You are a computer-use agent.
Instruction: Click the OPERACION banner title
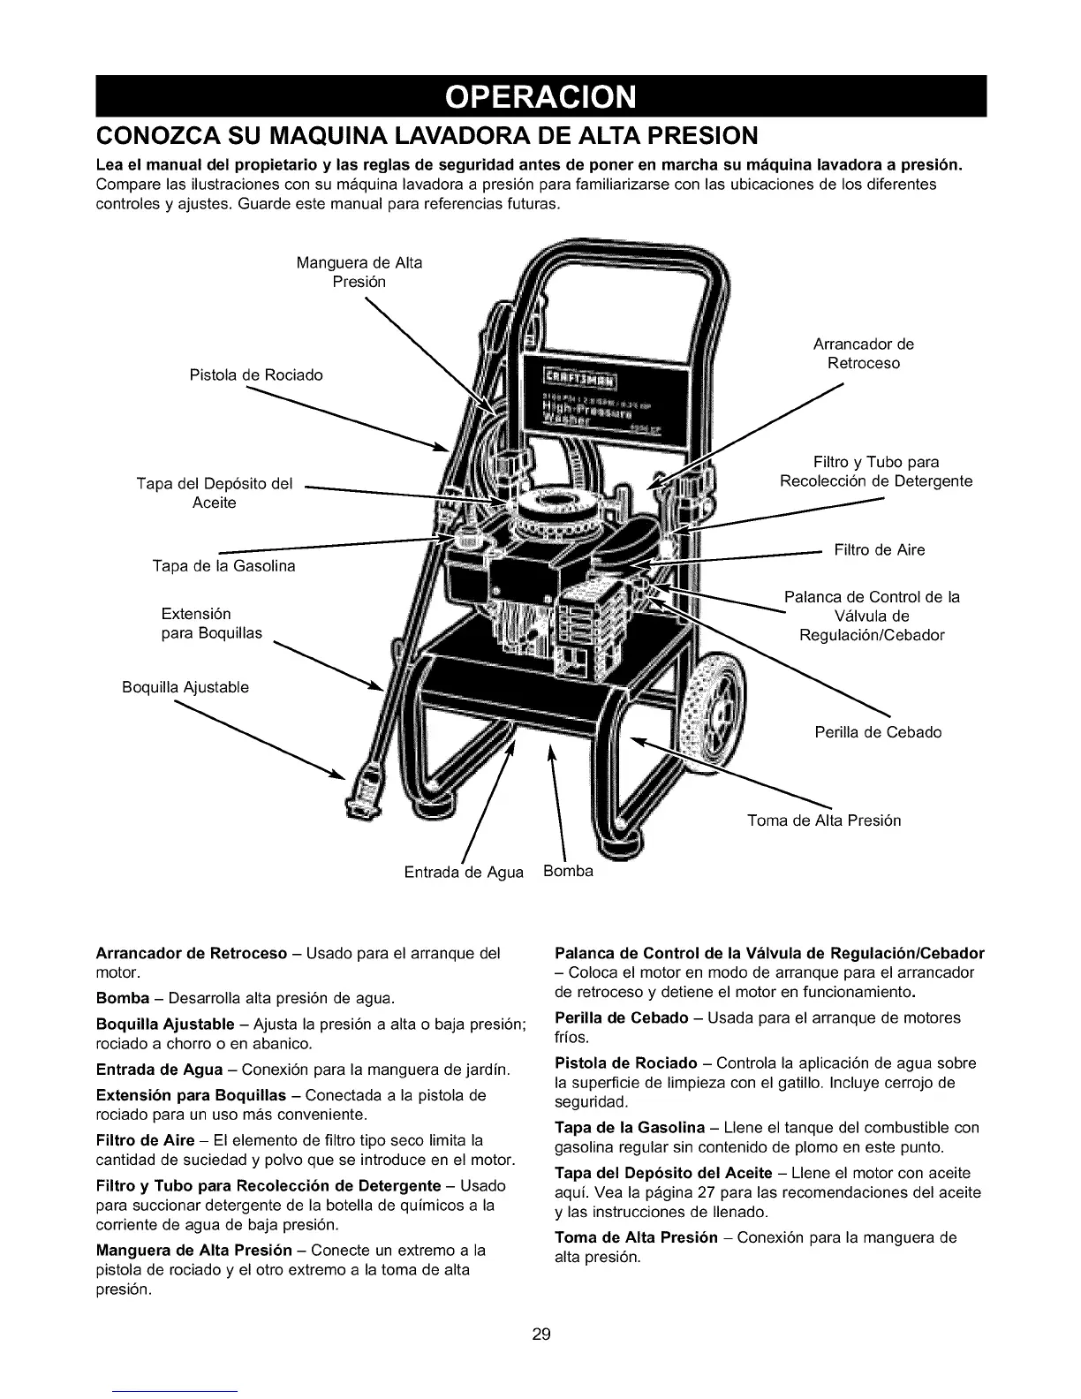tap(540, 96)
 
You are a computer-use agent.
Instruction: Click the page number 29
tap(540, 1335)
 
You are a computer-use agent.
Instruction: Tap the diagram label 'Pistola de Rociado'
tap(256, 375)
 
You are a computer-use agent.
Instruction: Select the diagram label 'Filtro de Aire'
tap(879, 550)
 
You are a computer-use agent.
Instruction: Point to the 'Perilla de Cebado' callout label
tap(877, 732)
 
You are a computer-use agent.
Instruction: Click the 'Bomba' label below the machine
tap(568, 872)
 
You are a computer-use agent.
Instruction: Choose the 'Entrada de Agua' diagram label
tap(464, 873)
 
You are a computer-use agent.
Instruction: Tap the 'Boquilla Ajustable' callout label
tap(185, 687)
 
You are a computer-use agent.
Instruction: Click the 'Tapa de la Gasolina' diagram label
tap(223, 565)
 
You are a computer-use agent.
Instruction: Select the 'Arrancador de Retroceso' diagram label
tap(863, 353)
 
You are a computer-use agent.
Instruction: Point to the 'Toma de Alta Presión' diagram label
tap(823, 820)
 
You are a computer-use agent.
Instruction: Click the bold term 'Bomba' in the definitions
tap(122, 998)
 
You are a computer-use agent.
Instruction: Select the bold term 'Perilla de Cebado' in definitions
tap(621, 1017)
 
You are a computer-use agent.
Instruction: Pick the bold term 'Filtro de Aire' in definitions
tap(145, 1140)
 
